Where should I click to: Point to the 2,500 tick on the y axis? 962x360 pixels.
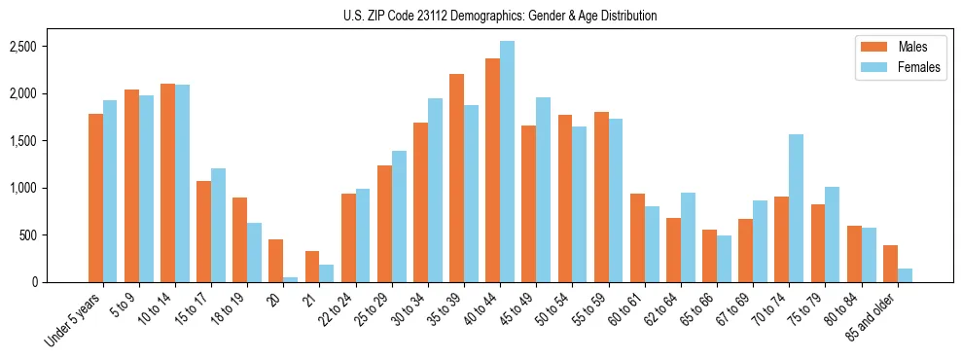tap(49, 47)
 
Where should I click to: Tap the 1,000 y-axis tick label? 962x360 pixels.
tap(49, 188)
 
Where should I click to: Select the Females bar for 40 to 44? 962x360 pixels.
tap(507, 162)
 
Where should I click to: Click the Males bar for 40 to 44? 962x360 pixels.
tap(492, 170)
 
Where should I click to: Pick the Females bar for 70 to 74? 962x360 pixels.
tap(796, 208)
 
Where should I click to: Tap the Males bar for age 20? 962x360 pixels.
tap(275, 261)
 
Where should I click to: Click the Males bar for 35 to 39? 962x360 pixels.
tap(456, 178)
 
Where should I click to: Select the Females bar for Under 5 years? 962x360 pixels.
tap(110, 191)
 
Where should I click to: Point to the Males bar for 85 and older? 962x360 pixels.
tap(890, 264)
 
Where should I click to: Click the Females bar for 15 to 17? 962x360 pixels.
tap(218, 225)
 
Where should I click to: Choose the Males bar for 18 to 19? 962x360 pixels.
tap(239, 239)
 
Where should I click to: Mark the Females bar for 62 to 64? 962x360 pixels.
tap(688, 237)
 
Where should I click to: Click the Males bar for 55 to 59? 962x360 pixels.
tap(601, 197)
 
